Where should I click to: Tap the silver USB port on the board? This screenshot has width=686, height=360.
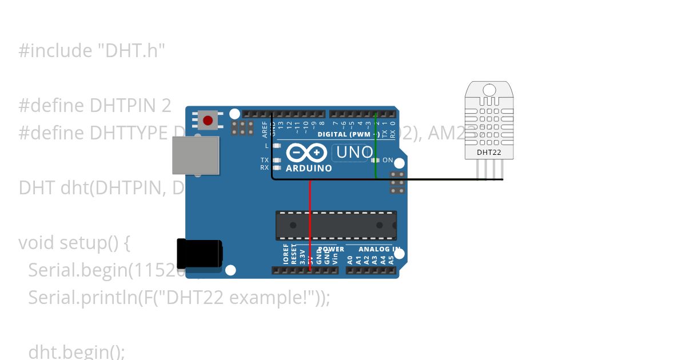click(196, 155)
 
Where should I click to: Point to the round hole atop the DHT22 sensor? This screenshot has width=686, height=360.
click(489, 90)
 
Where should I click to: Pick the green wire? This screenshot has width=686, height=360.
click(376, 149)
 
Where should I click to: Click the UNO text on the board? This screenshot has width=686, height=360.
click(354, 153)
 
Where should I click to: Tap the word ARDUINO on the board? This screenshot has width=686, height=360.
click(309, 169)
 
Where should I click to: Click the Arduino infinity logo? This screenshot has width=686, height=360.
click(306, 153)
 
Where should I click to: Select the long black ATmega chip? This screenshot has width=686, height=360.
click(336, 225)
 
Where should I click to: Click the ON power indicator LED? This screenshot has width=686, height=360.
click(377, 161)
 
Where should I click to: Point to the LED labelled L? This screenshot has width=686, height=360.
click(277, 146)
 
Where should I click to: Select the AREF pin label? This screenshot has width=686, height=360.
click(265, 130)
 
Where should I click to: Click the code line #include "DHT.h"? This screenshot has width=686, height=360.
click(91, 51)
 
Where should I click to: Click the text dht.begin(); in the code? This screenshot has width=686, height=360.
click(76, 351)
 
